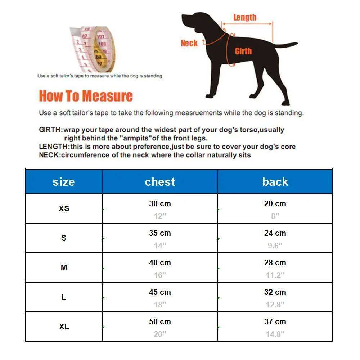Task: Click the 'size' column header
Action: click(x=64, y=182)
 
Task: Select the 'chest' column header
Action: click(x=160, y=182)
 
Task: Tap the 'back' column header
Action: click(x=275, y=182)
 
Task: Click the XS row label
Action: click(x=64, y=209)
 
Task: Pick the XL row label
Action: click(x=64, y=327)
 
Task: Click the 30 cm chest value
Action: click(x=160, y=204)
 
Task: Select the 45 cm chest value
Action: click(x=160, y=292)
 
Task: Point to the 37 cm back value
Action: click(x=275, y=322)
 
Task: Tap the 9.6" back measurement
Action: click(x=275, y=246)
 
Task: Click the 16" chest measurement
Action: click(x=160, y=275)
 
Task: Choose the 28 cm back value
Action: click(x=275, y=263)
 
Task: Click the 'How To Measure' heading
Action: click(x=86, y=96)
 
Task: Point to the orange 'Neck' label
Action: click(x=189, y=44)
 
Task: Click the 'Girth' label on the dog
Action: click(x=243, y=51)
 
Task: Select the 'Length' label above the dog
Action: click(x=245, y=17)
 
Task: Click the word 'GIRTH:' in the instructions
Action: click(x=51, y=130)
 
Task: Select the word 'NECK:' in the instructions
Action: click(x=50, y=155)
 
